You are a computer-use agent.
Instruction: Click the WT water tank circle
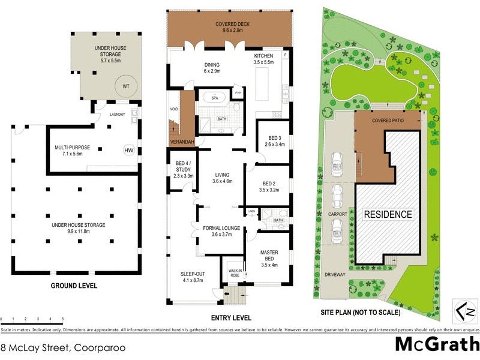point(126,86)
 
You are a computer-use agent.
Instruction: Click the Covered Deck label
point(229,27)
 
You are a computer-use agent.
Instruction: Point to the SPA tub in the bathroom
point(214,97)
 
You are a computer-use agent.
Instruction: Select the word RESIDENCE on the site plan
point(388,214)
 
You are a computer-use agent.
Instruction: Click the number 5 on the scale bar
point(63,319)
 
